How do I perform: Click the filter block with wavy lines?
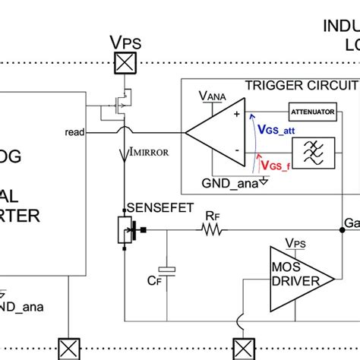pos(312,153)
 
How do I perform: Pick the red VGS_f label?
pos(273,164)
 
